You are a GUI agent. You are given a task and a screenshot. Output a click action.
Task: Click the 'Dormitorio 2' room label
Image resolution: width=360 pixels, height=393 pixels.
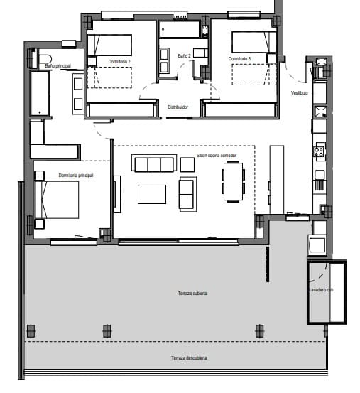[x=119, y=63]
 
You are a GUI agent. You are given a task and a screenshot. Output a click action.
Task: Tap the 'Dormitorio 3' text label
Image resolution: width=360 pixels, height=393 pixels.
[x=240, y=58]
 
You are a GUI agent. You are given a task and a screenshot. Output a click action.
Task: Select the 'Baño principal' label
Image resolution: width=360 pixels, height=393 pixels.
[x=58, y=66]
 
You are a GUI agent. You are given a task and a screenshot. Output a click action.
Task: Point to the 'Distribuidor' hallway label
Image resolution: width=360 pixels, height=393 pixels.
[x=178, y=107]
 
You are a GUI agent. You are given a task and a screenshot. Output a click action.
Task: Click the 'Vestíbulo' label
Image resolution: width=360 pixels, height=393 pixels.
[x=299, y=93]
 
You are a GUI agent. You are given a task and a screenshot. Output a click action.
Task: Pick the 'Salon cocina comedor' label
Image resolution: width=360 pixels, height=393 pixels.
[x=216, y=154]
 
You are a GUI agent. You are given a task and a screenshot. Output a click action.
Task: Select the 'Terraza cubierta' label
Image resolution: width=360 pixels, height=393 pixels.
[x=192, y=293]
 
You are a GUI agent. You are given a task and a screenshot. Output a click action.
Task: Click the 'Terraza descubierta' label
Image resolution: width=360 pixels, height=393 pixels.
[x=188, y=357]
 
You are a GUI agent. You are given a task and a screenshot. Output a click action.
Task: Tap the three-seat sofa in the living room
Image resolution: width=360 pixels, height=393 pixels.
[x=153, y=164]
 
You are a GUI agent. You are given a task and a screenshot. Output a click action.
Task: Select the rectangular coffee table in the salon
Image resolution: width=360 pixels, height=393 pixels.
[x=152, y=194]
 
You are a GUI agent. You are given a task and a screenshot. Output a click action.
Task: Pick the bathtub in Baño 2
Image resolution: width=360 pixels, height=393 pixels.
[x=180, y=30]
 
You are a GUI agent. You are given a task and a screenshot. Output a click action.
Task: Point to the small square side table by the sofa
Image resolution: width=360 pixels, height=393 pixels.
[x=187, y=164]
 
